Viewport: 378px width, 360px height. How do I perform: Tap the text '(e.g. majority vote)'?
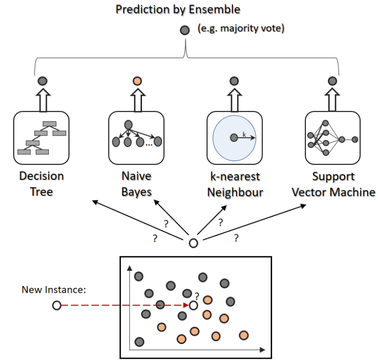(x=241, y=29)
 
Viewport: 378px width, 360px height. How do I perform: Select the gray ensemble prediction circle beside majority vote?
(x=184, y=31)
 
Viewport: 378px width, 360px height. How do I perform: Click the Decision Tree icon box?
(x=42, y=137)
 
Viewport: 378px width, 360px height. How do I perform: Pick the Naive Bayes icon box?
(x=136, y=137)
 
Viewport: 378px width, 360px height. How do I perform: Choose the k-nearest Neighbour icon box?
(x=234, y=137)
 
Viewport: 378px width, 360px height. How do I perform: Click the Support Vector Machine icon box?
(x=332, y=137)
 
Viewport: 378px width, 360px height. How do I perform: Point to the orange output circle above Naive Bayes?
(x=136, y=82)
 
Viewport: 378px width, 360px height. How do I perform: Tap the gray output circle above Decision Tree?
(x=42, y=82)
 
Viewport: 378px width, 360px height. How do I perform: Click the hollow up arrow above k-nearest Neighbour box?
(x=234, y=100)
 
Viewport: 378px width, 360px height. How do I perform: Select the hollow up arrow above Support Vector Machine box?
(x=332, y=100)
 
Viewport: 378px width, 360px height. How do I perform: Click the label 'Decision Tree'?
(x=42, y=183)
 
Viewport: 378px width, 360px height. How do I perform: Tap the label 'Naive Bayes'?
(x=136, y=183)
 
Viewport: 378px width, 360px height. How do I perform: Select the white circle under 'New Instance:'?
(x=57, y=305)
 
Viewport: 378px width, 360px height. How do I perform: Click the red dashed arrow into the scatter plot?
(x=123, y=305)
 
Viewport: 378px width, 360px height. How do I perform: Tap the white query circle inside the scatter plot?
(x=193, y=305)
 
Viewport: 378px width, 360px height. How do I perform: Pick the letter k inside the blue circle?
(x=245, y=134)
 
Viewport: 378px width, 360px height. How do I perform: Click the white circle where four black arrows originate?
(x=193, y=243)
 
